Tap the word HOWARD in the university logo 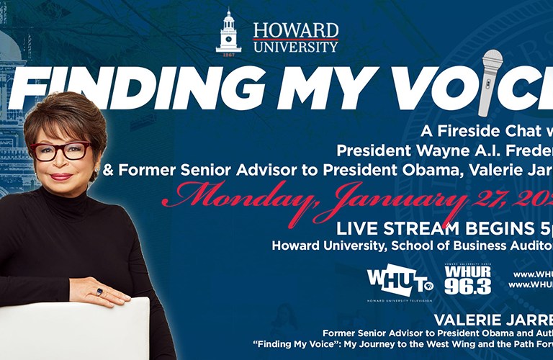(295, 30)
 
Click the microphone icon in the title (493, 81)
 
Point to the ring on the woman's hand (99, 292)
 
